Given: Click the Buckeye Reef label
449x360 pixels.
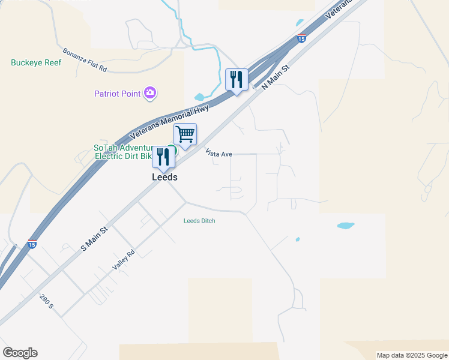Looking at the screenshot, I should pyautogui.click(x=36, y=62).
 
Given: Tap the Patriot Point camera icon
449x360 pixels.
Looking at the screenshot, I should pyautogui.click(x=150, y=93).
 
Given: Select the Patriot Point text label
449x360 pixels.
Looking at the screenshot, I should pyautogui.click(x=117, y=94).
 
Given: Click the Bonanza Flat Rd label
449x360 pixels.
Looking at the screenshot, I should pyautogui.click(x=85, y=60).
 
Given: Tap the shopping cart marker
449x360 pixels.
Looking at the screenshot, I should pyautogui.click(x=185, y=134).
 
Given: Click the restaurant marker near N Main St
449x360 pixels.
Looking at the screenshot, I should pyautogui.click(x=237, y=79).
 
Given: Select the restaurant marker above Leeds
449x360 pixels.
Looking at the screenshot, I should pyautogui.click(x=163, y=157).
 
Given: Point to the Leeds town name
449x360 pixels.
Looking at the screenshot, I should pyautogui.click(x=164, y=178).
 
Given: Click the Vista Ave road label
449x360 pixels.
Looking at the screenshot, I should pyautogui.click(x=218, y=154).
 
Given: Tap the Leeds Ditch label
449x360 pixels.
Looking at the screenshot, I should pyautogui.click(x=199, y=221).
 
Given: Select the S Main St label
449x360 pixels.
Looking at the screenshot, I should pyautogui.click(x=95, y=238).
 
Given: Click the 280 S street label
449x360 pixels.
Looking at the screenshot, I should pyautogui.click(x=47, y=302).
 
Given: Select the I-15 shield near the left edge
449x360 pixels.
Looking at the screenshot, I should pyautogui.click(x=32, y=245).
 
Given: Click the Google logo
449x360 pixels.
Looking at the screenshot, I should pyautogui.click(x=20, y=353).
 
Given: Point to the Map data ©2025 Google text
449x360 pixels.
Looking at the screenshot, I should pyautogui.click(x=412, y=355).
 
